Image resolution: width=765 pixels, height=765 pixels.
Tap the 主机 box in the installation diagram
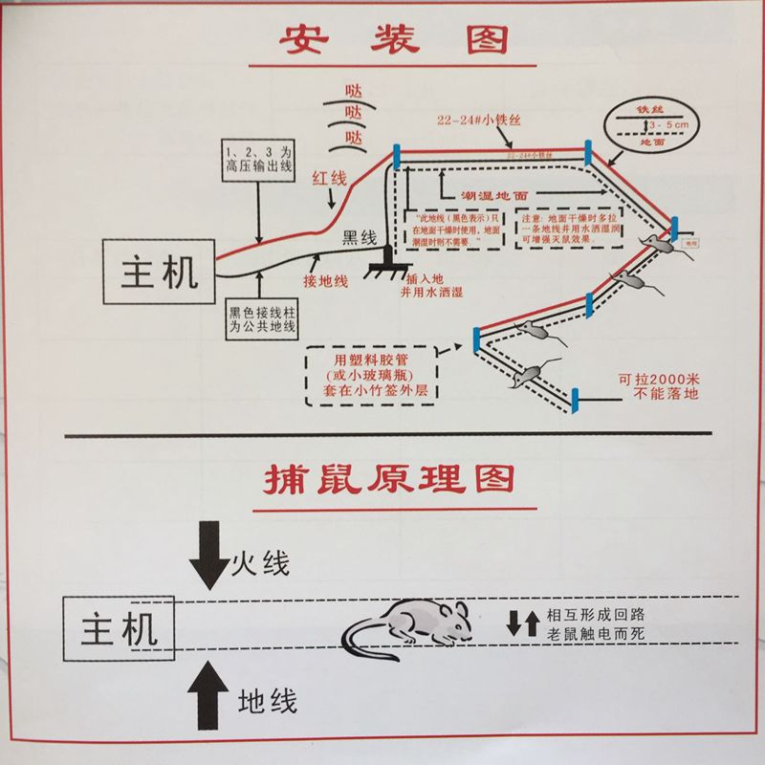click(160, 272)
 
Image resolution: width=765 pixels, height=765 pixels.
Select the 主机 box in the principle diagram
click(119, 629)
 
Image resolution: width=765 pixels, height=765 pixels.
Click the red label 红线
click(328, 181)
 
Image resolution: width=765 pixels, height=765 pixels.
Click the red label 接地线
click(325, 281)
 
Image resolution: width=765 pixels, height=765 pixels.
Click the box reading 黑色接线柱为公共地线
click(261, 319)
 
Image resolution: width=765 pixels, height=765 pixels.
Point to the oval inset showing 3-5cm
click(653, 124)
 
